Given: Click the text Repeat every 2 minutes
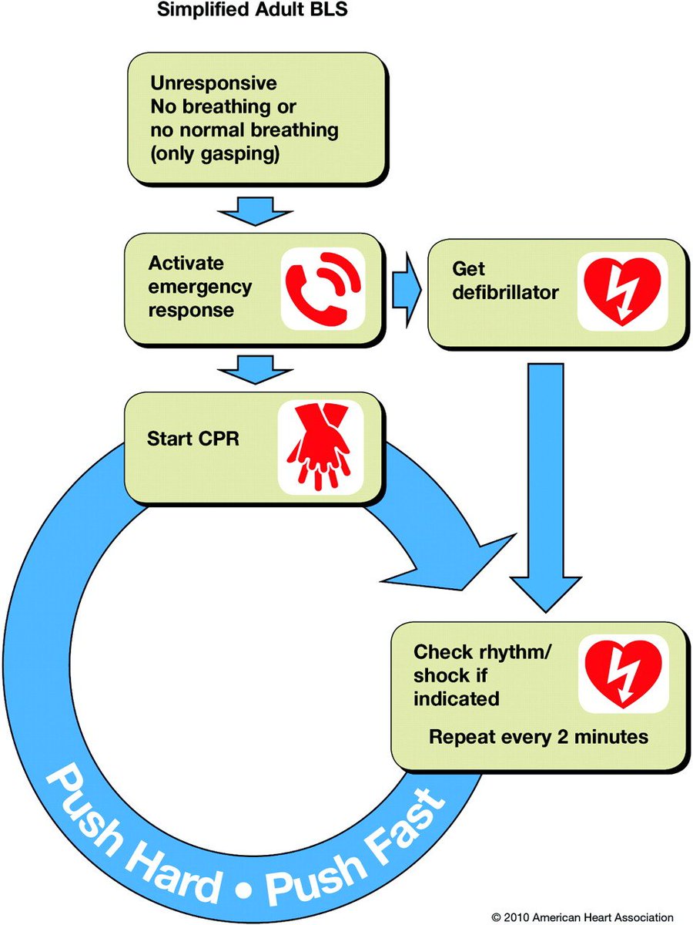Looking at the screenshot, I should coord(538,736).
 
